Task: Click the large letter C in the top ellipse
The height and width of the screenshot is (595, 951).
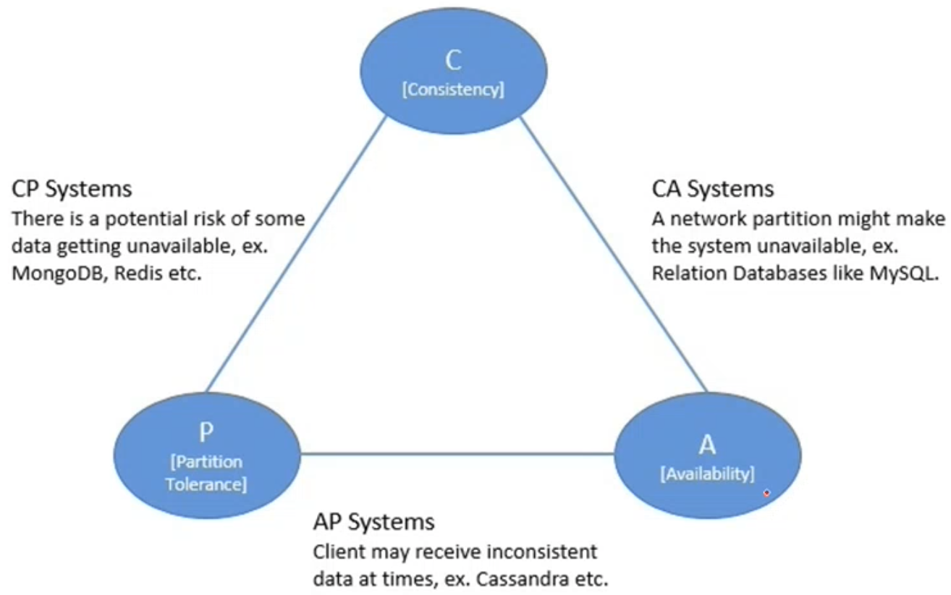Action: click(453, 60)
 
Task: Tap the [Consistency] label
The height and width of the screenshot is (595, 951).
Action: click(453, 90)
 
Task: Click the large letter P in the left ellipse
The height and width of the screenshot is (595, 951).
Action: click(206, 432)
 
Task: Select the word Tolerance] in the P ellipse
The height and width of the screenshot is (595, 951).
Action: click(206, 484)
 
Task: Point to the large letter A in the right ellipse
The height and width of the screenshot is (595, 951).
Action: click(707, 444)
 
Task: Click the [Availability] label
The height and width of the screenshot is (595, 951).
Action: click(707, 473)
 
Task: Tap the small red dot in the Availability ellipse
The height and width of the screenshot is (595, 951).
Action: click(766, 493)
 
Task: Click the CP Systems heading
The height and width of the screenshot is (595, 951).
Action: click(72, 189)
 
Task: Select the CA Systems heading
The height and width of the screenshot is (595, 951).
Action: click(712, 189)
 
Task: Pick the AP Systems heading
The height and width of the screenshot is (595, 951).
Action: click(373, 521)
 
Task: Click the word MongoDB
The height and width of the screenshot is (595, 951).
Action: click(57, 273)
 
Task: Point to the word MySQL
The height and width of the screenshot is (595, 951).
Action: click(903, 273)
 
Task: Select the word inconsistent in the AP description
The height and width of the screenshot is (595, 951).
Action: click(542, 552)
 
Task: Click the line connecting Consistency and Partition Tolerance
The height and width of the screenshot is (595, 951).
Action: click(296, 254)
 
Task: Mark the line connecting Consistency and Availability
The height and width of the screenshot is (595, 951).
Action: click(614, 254)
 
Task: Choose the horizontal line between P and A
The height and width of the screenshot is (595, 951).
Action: click(457, 454)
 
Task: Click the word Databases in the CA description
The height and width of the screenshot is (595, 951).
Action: click(779, 273)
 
